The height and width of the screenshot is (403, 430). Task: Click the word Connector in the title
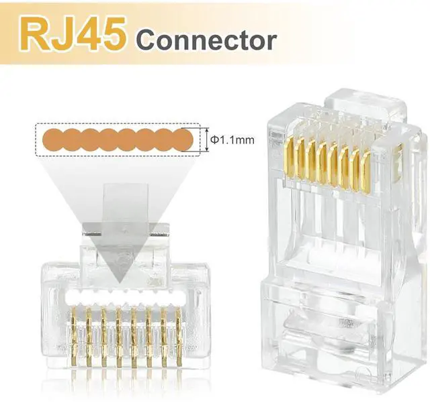click(206, 41)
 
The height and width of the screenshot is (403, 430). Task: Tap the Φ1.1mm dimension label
click(232, 140)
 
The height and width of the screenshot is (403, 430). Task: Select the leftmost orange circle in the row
click(54, 140)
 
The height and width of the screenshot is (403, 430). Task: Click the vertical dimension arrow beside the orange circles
click(207, 140)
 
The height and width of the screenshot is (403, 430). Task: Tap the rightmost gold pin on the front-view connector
click(179, 337)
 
